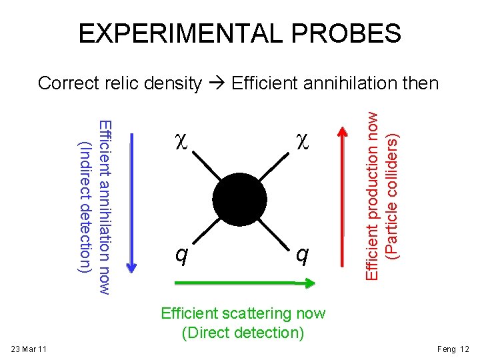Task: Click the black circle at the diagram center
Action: [x=240, y=197]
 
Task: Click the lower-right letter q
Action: [x=301, y=254]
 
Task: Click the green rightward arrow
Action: [x=243, y=284]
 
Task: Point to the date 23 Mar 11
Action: [x=29, y=349]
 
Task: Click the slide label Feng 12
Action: [x=453, y=349]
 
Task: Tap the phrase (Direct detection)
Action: [x=243, y=331]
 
